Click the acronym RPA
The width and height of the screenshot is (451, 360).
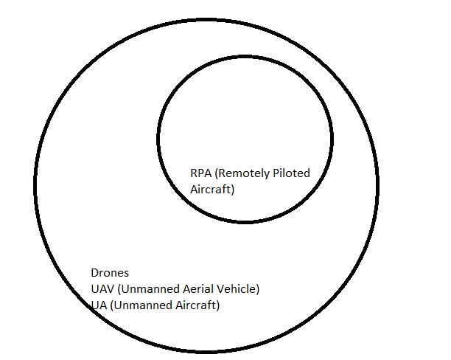(x=200, y=173)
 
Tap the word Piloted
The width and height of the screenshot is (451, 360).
(x=291, y=173)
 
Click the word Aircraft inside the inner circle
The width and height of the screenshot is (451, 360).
(x=209, y=189)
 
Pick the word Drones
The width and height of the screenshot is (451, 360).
(x=109, y=273)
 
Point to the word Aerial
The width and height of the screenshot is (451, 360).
(x=191, y=289)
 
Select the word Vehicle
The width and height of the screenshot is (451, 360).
(x=234, y=289)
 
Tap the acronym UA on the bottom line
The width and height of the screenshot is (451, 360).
(x=97, y=305)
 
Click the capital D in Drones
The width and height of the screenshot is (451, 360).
(x=94, y=273)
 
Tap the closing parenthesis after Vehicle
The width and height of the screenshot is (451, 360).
(x=257, y=289)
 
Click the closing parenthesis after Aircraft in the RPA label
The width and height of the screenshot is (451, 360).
(x=232, y=189)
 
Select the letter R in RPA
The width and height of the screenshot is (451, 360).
(x=194, y=173)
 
